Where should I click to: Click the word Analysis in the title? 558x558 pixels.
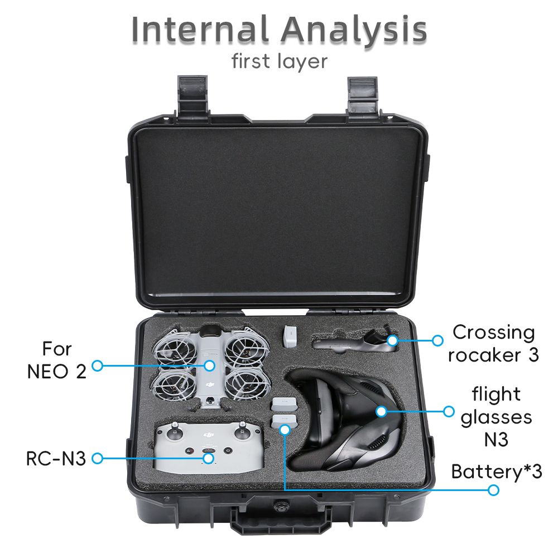(354, 30)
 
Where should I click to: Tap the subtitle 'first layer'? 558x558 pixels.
(279, 61)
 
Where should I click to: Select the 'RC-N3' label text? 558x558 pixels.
(56, 459)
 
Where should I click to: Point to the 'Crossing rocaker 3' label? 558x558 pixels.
(493, 343)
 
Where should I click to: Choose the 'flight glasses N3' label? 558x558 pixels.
(496, 416)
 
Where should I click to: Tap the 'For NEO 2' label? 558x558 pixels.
(57, 359)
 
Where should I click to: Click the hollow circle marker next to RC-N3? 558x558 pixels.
(97, 459)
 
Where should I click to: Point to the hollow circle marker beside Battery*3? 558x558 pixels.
(493, 490)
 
